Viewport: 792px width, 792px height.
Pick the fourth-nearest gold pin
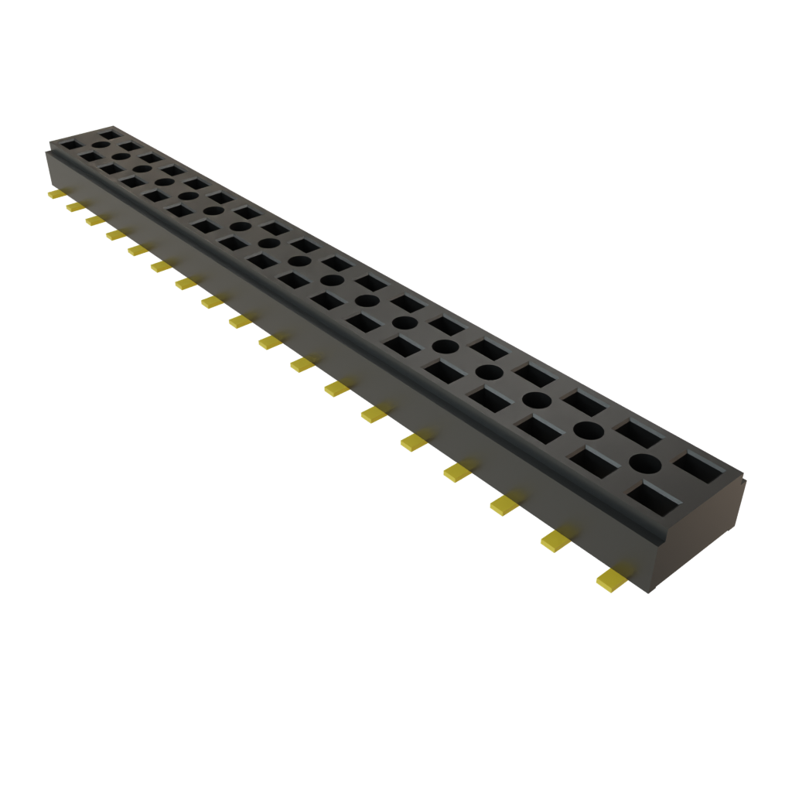point(459,470)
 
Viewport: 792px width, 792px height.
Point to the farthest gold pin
point(57,194)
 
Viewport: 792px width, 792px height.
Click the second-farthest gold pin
point(74,207)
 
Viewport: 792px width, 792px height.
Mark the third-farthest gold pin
point(94,220)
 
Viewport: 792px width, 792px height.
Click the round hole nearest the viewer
point(646,464)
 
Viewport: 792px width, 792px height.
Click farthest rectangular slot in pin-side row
point(71,144)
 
